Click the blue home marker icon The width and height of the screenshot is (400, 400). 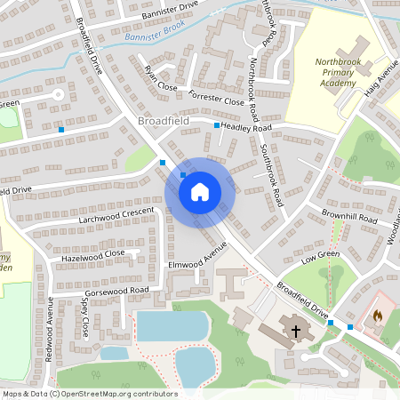(200, 191)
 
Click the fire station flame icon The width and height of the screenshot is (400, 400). (378, 316)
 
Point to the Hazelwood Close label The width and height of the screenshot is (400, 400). (92, 254)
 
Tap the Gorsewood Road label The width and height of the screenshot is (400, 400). (116, 292)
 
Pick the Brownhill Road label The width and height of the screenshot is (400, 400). (349, 218)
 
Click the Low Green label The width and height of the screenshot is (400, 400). (321, 257)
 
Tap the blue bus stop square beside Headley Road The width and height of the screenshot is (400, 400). (217, 126)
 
